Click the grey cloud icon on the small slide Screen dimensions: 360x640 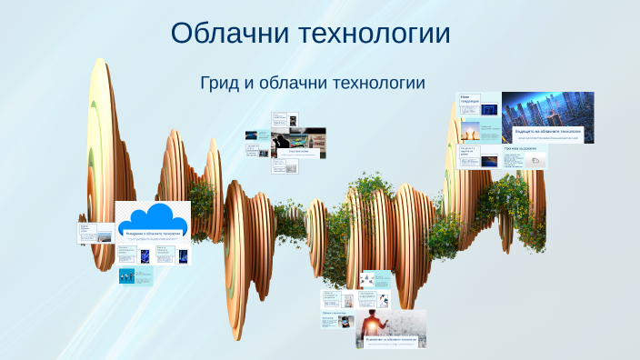(x=536, y=160)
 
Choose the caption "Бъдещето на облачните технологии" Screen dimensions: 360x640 (x=547, y=134)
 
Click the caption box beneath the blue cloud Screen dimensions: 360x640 (x=153, y=235)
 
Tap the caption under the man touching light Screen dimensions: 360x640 (x=390, y=340)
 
